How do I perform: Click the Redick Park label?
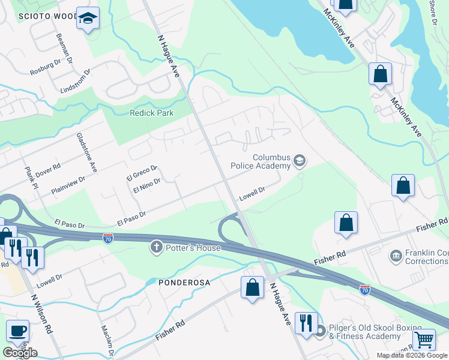pyautogui.click(x=152, y=113)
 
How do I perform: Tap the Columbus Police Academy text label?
pyautogui.click(x=262, y=162)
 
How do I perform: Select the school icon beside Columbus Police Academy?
pyautogui.click(x=300, y=161)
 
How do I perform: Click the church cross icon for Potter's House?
pyautogui.click(x=157, y=247)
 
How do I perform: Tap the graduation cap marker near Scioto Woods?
pyautogui.click(x=88, y=19)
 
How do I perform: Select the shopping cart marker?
pyautogui.click(x=424, y=340)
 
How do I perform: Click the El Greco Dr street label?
pyautogui.click(x=142, y=173)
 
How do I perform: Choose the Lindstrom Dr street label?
pyautogui.click(x=75, y=81)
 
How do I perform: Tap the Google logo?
pyautogui.click(x=20, y=352)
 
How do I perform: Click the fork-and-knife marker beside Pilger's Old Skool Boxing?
pyautogui.click(x=306, y=324)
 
